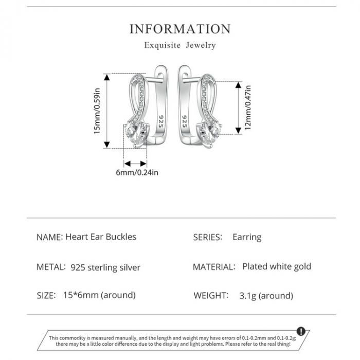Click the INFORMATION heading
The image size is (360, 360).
click(x=180, y=29)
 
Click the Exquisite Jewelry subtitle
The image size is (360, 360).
click(x=180, y=45)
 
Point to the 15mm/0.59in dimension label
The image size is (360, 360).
click(x=97, y=111)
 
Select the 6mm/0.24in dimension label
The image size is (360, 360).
click(x=137, y=172)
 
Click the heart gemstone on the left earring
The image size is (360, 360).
click(x=137, y=135)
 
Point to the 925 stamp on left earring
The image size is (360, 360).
click(x=160, y=121)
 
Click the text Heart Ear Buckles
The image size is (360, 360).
click(x=101, y=237)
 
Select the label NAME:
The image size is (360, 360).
click(x=49, y=237)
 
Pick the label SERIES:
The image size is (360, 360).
click(x=207, y=237)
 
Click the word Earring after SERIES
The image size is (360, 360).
click(x=247, y=237)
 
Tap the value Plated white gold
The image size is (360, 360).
click(x=277, y=266)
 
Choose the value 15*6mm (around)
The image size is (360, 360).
click(x=99, y=295)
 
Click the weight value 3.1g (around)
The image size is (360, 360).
click(x=266, y=296)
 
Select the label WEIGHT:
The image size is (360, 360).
click(x=211, y=295)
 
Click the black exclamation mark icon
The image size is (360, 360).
click(x=301, y=331)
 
